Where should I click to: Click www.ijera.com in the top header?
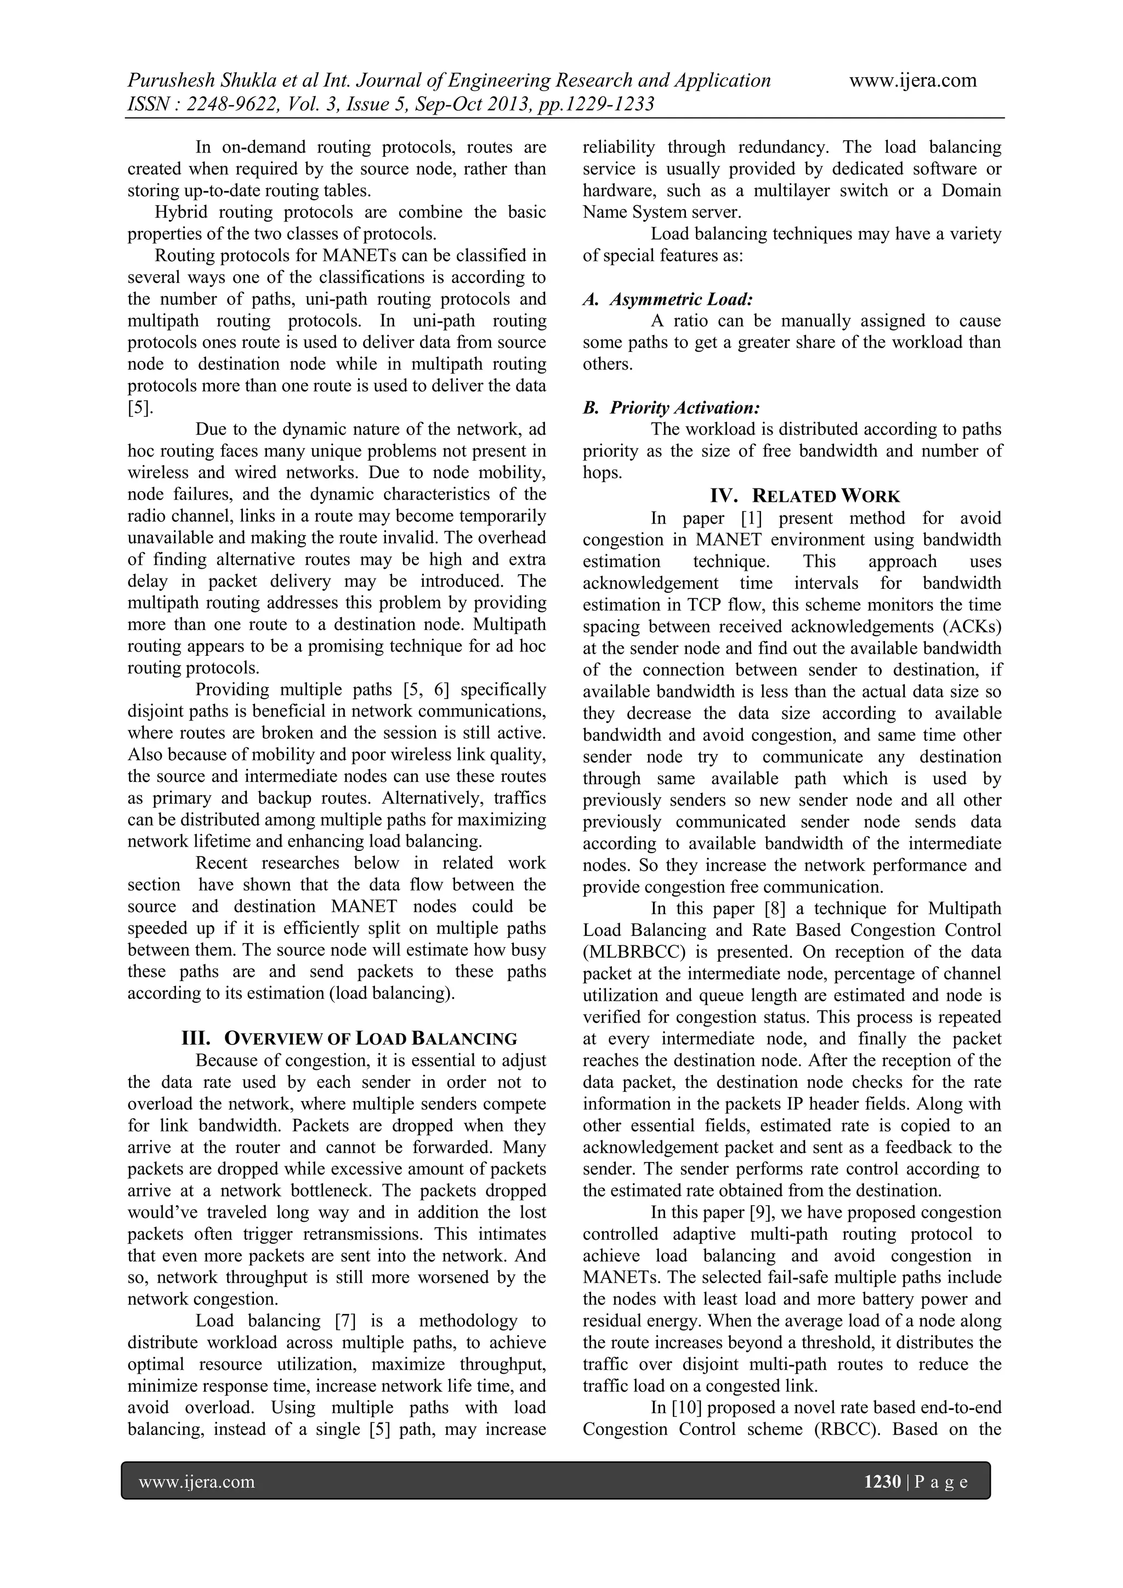pyautogui.click(x=913, y=81)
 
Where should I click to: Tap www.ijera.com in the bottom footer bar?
pyautogui.click(x=197, y=1482)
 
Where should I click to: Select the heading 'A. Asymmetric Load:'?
pyautogui.click(x=668, y=299)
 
